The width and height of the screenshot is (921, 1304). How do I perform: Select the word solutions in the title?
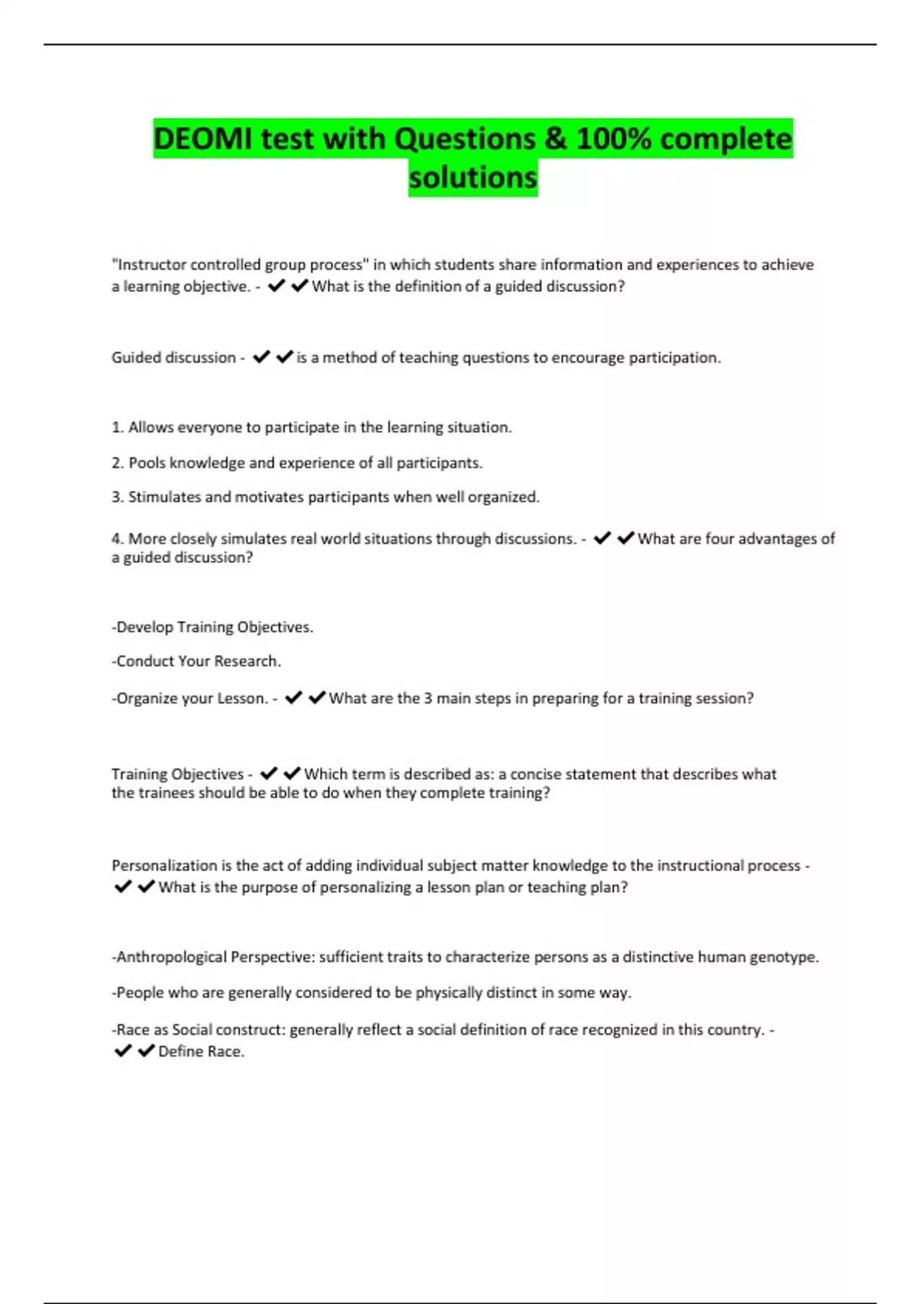(473, 177)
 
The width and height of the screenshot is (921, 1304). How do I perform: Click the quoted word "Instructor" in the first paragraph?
(150, 265)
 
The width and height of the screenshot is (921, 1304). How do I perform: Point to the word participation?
(674, 357)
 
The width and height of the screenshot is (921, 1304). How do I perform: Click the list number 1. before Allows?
(117, 427)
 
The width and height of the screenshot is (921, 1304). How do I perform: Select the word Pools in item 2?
(146, 463)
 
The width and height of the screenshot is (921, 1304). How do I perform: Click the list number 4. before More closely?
(117, 538)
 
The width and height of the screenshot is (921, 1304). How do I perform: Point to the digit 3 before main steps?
(428, 698)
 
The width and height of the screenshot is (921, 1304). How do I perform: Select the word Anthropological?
(171, 957)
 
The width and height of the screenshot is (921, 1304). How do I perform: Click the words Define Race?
(201, 1052)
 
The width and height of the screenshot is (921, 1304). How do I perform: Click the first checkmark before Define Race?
(123, 1051)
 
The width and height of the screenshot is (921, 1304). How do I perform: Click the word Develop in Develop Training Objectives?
(144, 627)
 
